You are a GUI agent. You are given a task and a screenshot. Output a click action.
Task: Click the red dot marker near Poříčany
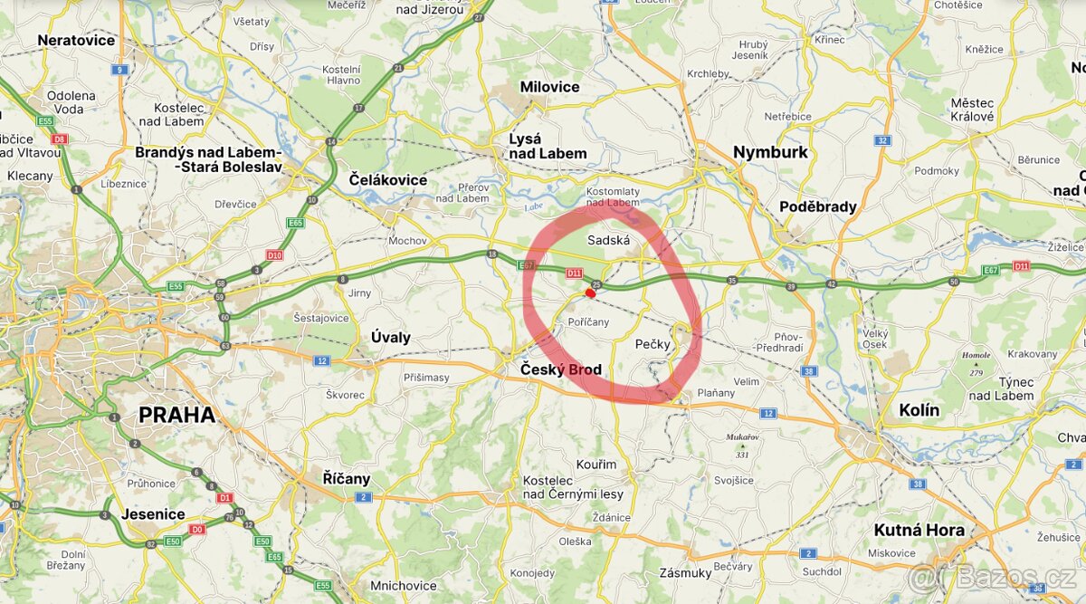(590, 292)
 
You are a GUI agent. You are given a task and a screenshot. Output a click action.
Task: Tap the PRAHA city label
(176, 416)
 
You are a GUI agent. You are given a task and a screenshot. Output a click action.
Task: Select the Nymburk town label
(770, 152)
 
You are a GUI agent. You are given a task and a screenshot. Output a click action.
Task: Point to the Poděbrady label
(817, 206)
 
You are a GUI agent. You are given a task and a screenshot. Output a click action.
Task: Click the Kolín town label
(919, 410)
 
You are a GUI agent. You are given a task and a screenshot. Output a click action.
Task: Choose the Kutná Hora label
(919, 530)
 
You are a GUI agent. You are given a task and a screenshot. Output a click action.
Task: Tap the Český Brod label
(560, 369)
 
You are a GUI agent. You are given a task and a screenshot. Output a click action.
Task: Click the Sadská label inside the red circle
(608, 240)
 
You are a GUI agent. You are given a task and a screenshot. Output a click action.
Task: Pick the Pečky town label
(653, 344)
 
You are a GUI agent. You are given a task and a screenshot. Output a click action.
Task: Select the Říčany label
(347, 478)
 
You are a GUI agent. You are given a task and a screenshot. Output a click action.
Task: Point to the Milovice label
(549, 87)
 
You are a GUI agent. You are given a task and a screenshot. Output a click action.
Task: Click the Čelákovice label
(387, 179)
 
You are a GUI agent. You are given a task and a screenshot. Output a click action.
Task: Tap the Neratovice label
(76, 40)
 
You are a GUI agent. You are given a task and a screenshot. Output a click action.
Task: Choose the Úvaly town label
(391, 337)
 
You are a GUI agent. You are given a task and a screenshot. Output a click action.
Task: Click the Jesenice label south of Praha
(153, 514)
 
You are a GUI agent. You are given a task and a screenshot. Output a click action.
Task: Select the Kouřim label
(595, 465)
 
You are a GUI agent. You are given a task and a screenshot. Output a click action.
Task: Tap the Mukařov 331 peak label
(741, 445)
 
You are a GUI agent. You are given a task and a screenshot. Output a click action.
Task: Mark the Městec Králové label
(972, 110)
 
